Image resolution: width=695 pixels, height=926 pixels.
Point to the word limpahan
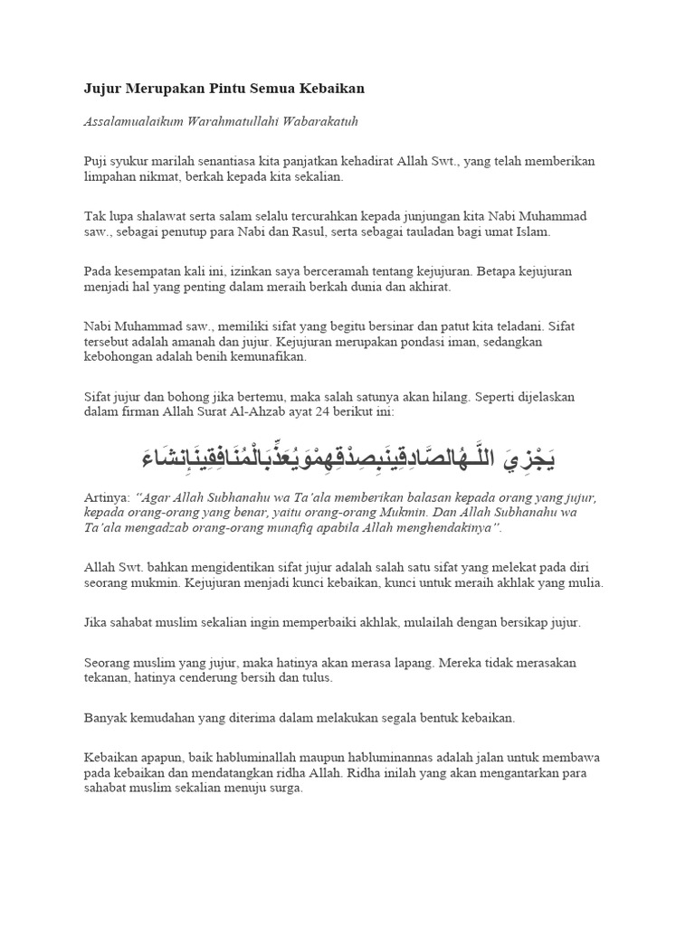109,177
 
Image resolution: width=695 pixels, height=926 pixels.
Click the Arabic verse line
347,458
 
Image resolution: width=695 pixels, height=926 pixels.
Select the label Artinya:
107,498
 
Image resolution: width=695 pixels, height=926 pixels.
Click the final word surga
283,788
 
